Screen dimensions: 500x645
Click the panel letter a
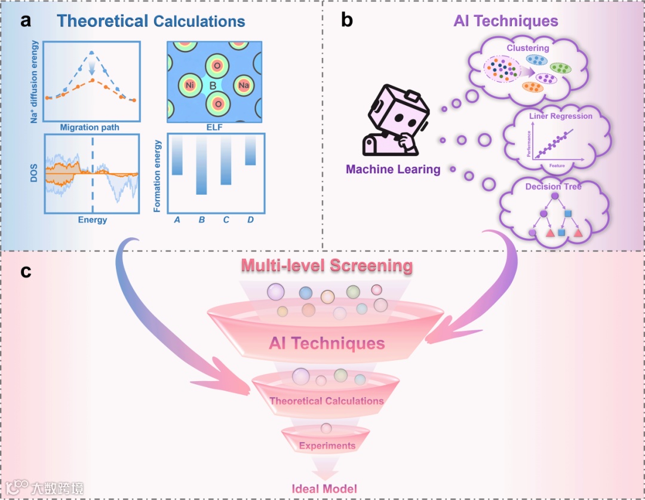pyautogui.click(x=25, y=22)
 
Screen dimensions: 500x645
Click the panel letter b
pyautogui.click(x=347, y=22)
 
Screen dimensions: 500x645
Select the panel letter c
pyautogui.click(x=26, y=272)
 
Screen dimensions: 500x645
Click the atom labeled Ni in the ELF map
pyautogui.click(x=189, y=86)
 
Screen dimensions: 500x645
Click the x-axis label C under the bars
pyautogui.click(x=226, y=220)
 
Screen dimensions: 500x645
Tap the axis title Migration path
pyautogui.click(x=90, y=128)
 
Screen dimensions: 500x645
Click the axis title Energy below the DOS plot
pyautogui.click(x=93, y=220)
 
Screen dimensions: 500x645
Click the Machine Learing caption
pyautogui.click(x=393, y=170)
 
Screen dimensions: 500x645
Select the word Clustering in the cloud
pyautogui.click(x=527, y=48)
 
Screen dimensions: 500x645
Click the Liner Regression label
pyautogui.click(x=560, y=116)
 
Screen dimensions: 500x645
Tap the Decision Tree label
pyautogui.click(x=553, y=187)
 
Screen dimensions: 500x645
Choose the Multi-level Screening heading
pyautogui.click(x=327, y=265)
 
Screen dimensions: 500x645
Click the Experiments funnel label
pyautogui.click(x=327, y=446)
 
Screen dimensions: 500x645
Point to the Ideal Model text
pyautogui.click(x=324, y=489)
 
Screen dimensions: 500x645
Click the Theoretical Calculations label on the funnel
pyautogui.click(x=326, y=401)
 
